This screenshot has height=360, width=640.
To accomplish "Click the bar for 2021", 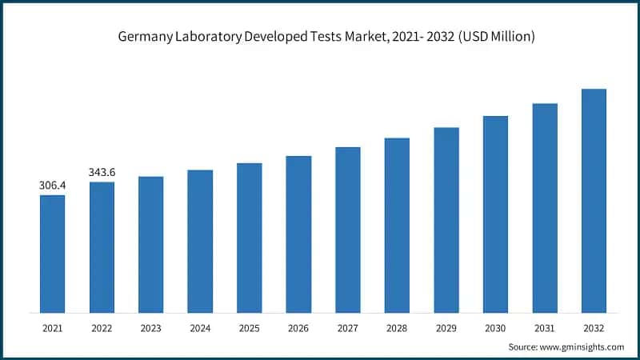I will [52, 254].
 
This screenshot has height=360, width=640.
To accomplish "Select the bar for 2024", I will [200, 241].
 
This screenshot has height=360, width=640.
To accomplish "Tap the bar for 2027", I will [348, 230].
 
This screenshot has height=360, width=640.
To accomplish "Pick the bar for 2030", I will [495, 214].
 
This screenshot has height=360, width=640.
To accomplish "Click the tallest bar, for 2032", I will [594, 200].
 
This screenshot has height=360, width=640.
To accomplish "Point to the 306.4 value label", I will [52, 186].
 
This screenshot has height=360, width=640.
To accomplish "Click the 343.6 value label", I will [102, 172].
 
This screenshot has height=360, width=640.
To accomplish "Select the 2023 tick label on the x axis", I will [150, 327].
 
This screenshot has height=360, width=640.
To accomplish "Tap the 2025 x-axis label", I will [250, 327].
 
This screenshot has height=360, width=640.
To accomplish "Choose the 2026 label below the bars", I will [298, 327].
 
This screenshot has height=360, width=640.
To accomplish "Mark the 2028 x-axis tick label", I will [397, 327].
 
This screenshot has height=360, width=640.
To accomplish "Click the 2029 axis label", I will [446, 327].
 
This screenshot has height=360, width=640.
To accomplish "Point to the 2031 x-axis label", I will [545, 327].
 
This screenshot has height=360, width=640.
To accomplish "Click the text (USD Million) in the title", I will [494, 36].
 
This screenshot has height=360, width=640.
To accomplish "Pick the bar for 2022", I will [102, 247].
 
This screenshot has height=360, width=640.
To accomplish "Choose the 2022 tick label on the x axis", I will [102, 327].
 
